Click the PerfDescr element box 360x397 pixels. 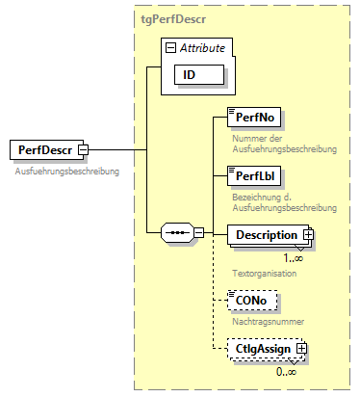point(44,150)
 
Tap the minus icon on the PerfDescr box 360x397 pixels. point(84,150)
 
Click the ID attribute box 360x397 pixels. point(197,74)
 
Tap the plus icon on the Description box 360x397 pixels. point(309,234)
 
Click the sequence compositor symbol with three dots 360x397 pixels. point(175,232)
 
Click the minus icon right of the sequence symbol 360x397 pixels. point(199,232)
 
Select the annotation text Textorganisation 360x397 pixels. point(265,273)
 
